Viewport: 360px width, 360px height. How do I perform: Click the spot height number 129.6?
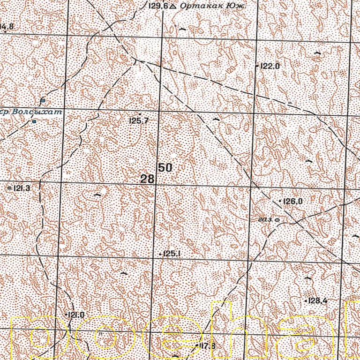(157, 6)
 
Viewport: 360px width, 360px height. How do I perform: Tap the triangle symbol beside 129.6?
(173, 6)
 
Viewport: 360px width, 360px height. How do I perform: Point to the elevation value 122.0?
(270, 67)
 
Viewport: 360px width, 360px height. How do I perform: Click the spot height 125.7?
(139, 121)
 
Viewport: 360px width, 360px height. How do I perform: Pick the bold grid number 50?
(165, 167)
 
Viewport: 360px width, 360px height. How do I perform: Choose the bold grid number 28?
(147, 179)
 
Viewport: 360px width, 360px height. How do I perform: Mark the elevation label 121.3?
(22, 188)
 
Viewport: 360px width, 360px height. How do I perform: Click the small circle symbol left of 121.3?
(10, 187)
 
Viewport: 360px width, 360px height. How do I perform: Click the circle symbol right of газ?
(277, 219)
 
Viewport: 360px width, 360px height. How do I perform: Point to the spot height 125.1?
(172, 254)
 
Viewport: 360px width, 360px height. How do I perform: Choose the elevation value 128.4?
(317, 300)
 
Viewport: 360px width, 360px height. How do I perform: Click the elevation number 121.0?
(76, 315)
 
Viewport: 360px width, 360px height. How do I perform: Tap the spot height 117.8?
(207, 346)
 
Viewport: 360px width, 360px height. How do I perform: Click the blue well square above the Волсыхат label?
(43, 100)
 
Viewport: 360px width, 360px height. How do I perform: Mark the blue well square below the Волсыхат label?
(34, 121)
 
